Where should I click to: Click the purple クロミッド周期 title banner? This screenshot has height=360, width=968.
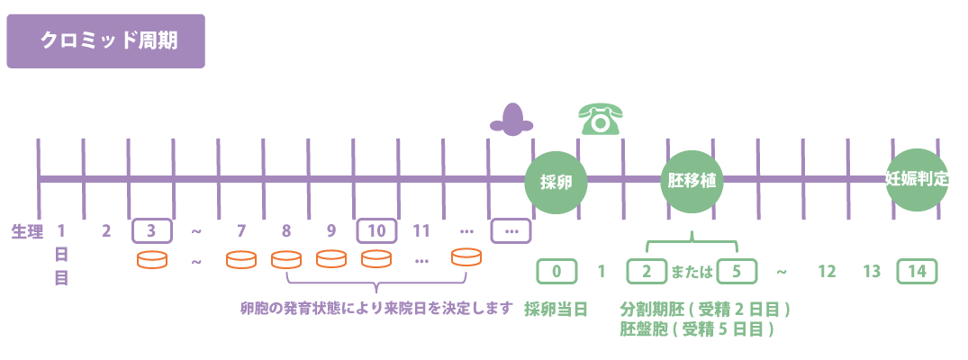click(105, 41)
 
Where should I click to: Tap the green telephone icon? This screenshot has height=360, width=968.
click(600, 119)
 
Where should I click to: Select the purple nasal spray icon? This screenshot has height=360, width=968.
click(511, 119)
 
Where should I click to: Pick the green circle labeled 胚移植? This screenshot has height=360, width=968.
click(692, 182)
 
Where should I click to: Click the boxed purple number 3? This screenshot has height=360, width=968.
click(151, 231)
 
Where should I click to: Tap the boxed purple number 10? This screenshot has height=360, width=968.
click(376, 231)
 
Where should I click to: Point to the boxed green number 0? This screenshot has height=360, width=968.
click(556, 272)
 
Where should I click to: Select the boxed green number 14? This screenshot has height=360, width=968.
click(918, 272)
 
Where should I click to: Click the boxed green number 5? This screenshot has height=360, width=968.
click(737, 272)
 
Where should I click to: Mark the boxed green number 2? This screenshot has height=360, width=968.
click(647, 272)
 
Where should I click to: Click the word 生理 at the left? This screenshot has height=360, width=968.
click(27, 231)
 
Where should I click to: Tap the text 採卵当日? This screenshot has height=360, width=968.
click(556, 309)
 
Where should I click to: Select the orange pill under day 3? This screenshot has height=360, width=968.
click(151, 259)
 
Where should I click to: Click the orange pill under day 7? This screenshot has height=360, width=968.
click(240, 259)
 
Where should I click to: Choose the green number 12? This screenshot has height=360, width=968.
click(827, 272)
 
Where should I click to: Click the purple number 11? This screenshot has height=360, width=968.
click(421, 231)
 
